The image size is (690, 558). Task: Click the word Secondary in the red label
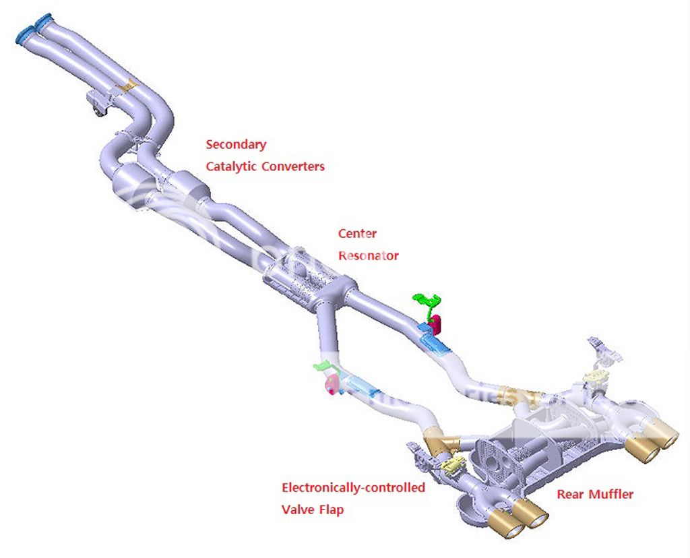click(x=236, y=144)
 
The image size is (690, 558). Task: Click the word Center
click(x=357, y=234)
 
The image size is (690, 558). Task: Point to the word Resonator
click(x=369, y=255)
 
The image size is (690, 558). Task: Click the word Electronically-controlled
click(x=353, y=487)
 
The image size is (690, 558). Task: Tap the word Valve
click(x=297, y=509)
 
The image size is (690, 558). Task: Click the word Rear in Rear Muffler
click(x=571, y=495)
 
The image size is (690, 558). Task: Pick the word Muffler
click(x=611, y=495)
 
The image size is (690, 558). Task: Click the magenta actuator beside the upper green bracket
click(x=435, y=324)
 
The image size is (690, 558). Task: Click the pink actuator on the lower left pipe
click(x=331, y=385)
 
